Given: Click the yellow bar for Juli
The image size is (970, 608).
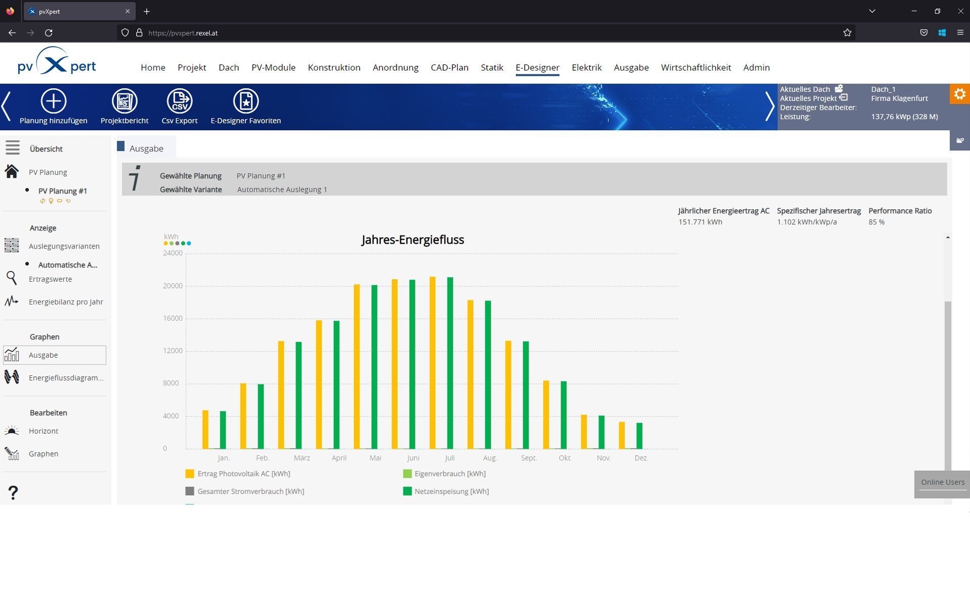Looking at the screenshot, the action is coord(432,363).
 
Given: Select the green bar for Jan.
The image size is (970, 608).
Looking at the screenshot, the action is coord(223,430).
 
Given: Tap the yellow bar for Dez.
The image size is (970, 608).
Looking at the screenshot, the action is coord(622,435).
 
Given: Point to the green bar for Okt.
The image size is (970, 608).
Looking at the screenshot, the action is coord(563,415).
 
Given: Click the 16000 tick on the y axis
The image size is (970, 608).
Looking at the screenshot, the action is coord(173,318).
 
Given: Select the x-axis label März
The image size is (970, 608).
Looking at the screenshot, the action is coord(302,458).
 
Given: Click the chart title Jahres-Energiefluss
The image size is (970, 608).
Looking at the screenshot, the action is coord(413,240).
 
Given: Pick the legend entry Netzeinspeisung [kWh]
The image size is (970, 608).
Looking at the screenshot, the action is coord(446,491).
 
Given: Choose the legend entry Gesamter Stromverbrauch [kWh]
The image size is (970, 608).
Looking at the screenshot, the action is coord(245,491).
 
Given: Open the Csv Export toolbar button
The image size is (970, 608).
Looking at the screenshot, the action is coord(179,106).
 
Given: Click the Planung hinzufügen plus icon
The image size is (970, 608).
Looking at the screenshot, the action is coord(53,101).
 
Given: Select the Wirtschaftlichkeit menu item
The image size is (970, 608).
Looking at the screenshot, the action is coord(696,67).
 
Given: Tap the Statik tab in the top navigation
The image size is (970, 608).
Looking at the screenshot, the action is coord(492,67).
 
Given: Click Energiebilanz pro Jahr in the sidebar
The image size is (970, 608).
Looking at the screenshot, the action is coord(66,302).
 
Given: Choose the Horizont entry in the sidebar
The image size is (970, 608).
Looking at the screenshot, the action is coord(44,431).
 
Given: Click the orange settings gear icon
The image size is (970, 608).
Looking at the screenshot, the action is coord(959,94).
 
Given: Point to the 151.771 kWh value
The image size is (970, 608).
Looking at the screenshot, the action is coord(700,222).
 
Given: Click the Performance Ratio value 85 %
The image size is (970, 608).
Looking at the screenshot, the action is coord(876,222).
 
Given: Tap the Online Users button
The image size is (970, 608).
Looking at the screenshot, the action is coord(943,482).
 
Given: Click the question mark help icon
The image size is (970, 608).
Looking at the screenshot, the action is coord(13,492).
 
